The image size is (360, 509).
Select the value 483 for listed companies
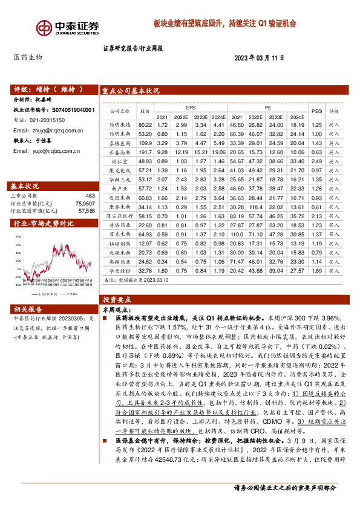click(90, 196)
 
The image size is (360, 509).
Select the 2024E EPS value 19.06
click(218, 153)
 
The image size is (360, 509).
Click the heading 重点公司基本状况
click(131, 91)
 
